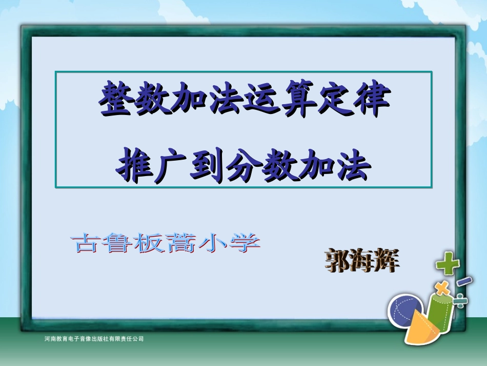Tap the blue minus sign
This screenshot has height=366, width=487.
(464, 281)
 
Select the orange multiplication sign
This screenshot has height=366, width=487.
(440, 286)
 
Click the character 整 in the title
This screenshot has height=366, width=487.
(113, 100)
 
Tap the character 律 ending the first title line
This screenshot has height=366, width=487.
(373, 100)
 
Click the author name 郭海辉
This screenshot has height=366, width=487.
(362, 261)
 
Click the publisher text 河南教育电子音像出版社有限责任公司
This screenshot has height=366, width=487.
(94, 339)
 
